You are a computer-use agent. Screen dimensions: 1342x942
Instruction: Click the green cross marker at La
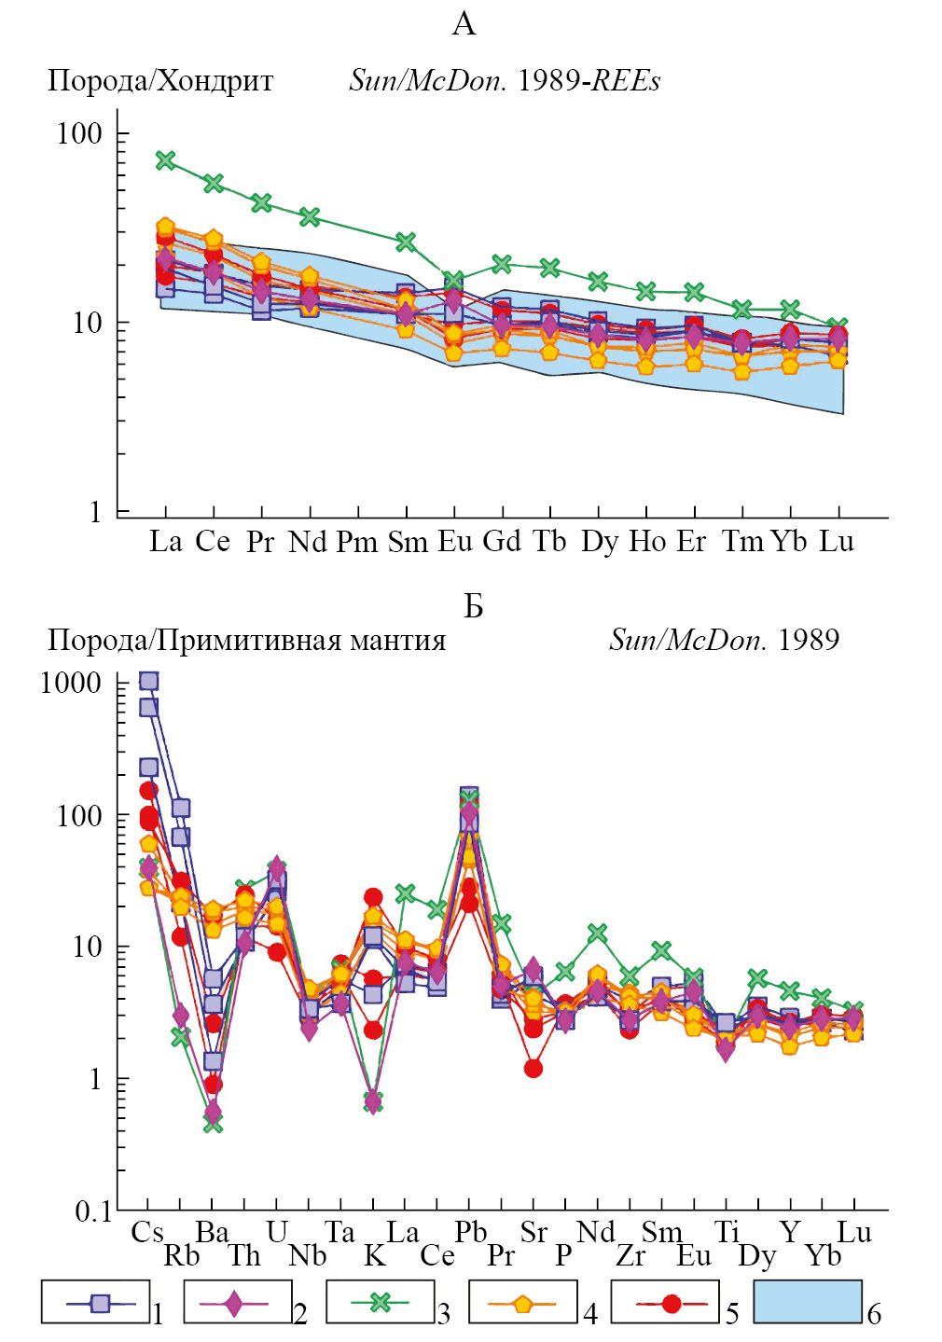click(165, 160)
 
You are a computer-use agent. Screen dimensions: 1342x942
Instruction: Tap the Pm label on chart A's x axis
click(357, 542)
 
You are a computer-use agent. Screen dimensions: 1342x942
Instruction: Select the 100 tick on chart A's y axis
click(79, 133)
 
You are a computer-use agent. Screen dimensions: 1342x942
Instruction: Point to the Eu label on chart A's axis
click(455, 541)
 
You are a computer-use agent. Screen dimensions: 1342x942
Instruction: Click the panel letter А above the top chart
click(464, 24)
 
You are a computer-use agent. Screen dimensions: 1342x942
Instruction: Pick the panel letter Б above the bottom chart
click(473, 606)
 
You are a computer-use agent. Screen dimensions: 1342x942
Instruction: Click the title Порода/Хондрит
click(160, 81)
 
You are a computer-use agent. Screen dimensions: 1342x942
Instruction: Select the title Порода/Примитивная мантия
click(246, 641)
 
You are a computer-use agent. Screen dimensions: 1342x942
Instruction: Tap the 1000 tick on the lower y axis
click(71, 683)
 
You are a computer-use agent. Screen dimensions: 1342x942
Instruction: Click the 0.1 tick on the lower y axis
click(92, 1211)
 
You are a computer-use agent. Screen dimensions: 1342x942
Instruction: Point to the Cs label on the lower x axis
click(147, 1232)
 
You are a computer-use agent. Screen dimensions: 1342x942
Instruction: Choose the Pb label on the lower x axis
click(470, 1232)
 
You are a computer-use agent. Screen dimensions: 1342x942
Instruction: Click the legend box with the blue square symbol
click(95, 1302)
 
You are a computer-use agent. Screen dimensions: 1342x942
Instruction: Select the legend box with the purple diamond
click(238, 1302)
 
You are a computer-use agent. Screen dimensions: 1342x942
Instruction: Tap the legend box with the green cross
click(381, 1302)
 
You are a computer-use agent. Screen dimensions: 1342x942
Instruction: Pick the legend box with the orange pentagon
click(523, 1302)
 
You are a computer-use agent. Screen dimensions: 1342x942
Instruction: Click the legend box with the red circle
click(666, 1302)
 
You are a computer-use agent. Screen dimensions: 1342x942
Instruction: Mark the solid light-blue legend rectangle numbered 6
click(808, 1302)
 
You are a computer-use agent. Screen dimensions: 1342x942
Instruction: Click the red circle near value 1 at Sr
click(533, 1068)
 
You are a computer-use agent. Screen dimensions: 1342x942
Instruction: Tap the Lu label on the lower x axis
click(853, 1232)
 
